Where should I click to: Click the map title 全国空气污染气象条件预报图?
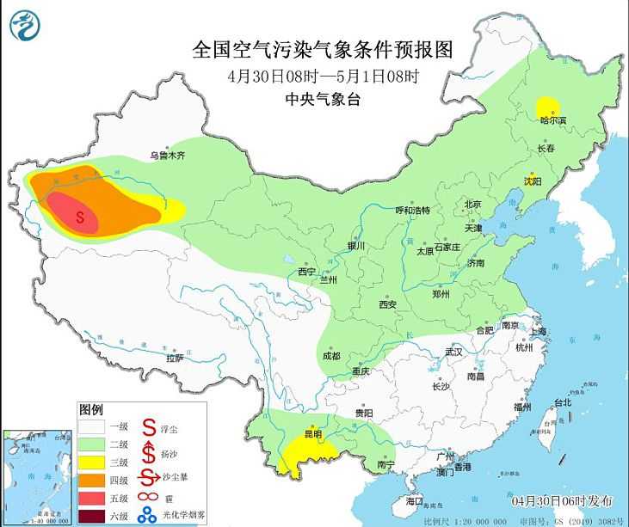(322, 49)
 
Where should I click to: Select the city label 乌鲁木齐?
(168, 156)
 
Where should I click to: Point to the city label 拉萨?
(175, 358)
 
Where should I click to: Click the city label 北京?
(472, 205)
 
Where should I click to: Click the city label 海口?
(415, 499)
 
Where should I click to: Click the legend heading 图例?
(91, 408)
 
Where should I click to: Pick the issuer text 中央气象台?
(322, 99)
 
